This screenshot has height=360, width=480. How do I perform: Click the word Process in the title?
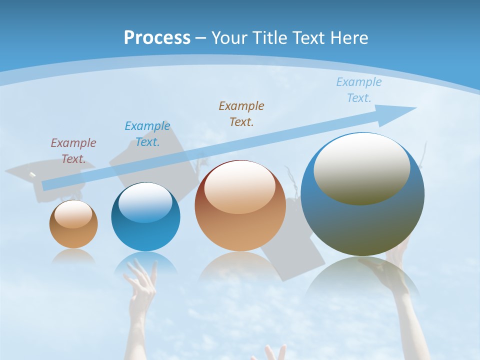pos(157,38)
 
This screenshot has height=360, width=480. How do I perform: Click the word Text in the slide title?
pos(308,38)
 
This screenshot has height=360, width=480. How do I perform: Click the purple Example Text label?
pos(73,151)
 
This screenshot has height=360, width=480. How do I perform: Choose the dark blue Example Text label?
pos(147,134)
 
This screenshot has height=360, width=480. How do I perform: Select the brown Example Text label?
pos(241,113)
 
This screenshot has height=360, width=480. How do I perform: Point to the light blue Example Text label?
pos(359,90)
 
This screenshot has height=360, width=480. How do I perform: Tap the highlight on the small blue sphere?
pos(145,202)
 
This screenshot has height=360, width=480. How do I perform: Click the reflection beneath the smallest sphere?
pos(73,256)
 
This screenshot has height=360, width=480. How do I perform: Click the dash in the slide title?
pos(201,38)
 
